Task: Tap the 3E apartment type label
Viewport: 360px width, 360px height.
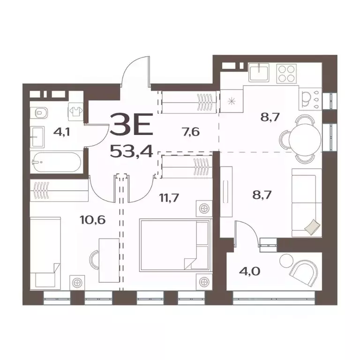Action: click(131, 127)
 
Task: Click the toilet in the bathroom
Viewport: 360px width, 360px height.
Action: click(41, 113)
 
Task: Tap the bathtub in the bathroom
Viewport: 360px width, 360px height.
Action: click(56, 163)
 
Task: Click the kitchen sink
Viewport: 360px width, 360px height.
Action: click(259, 73)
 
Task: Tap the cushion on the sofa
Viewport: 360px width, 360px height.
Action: click(312, 227)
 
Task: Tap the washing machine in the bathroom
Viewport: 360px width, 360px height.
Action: click(75, 110)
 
